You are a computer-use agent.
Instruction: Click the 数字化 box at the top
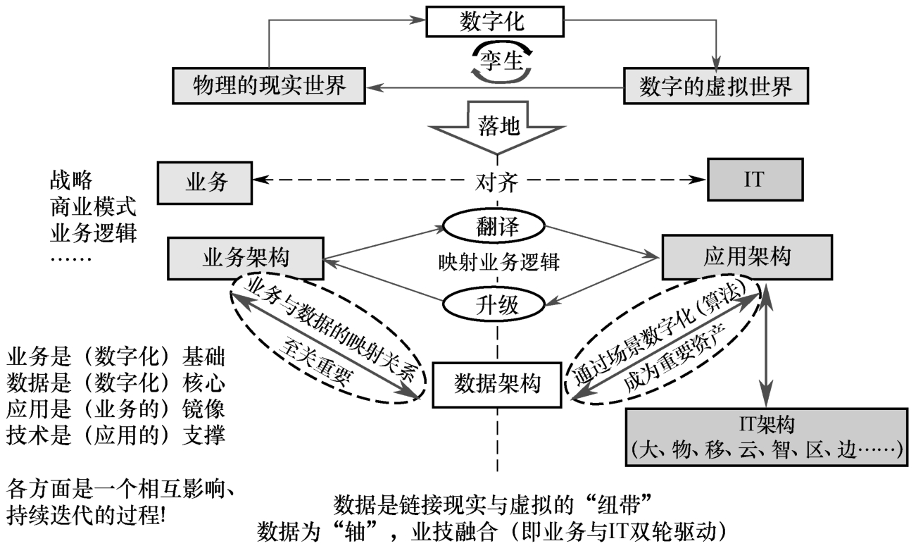tap(496, 22)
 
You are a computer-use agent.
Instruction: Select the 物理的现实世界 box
tap(268, 86)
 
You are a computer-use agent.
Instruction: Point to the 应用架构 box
tap(746, 257)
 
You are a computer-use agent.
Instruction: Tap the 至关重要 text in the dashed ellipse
tap(320, 364)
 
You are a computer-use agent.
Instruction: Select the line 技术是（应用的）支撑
tap(116, 435)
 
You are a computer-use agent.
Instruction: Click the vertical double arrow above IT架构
tap(765, 345)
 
